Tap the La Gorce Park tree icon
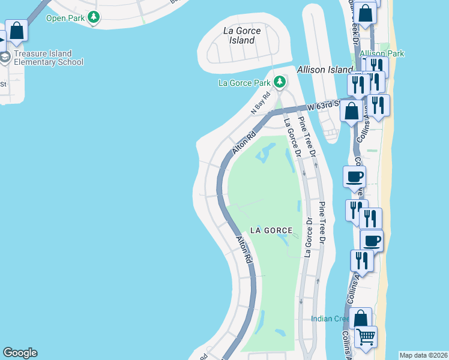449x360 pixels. click(x=279, y=82)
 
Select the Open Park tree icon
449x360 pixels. click(x=93, y=18)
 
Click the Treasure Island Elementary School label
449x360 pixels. click(x=48, y=58)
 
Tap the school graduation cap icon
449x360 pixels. click(x=5, y=58)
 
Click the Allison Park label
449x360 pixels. click(x=382, y=53)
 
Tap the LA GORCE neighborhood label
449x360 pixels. click(x=272, y=230)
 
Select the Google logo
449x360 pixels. click(x=20, y=353)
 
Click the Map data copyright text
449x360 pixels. click(x=424, y=355)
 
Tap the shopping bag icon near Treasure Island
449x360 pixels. click(x=17, y=30)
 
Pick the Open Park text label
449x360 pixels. click(x=65, y=18)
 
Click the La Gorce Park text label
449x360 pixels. click(x=247, y=82)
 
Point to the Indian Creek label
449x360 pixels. click(x=330, y=319)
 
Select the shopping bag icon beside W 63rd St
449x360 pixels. click(x=352, y=110)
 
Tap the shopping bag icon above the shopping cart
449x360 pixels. click(x=361, y=318)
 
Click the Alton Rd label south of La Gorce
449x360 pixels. click(x=243, y=250)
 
